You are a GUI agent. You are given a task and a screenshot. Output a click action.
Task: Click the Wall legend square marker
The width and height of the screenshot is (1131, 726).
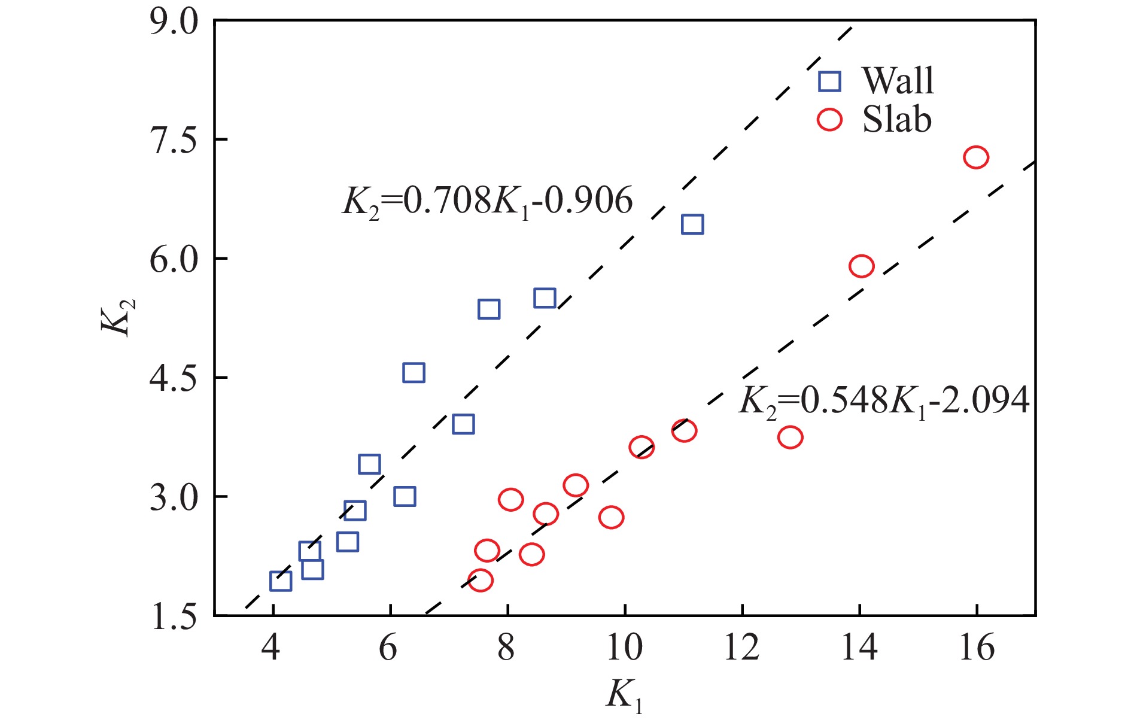click(829, 81)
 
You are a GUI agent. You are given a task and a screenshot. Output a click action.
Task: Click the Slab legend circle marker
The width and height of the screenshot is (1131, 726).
click(829, 120)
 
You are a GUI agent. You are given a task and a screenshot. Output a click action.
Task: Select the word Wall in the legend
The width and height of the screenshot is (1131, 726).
click(898, 80)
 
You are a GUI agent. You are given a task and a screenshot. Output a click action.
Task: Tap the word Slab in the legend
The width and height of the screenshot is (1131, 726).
click(896, 120)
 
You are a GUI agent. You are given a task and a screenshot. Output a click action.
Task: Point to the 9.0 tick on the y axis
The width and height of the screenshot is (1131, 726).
click(174, 23)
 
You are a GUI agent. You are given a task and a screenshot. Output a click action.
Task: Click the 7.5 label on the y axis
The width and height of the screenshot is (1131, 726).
click(174, 141)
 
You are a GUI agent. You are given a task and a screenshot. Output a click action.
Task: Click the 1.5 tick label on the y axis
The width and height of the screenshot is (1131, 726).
click(174, 617)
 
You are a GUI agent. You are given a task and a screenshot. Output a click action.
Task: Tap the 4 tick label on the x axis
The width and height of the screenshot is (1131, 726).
click(271, 648)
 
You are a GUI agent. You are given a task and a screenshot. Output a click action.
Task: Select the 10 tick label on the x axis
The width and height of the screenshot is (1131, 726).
click(624, 648)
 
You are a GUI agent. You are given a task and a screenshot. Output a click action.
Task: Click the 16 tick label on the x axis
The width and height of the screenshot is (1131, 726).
click(976, 648)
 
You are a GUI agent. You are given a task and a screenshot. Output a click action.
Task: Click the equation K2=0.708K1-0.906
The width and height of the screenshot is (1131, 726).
click(487, 201)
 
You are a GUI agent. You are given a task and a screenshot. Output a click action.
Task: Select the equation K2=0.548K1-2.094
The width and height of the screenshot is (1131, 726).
click(884, 400)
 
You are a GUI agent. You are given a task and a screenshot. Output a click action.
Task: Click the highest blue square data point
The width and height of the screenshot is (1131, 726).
click(692, 224)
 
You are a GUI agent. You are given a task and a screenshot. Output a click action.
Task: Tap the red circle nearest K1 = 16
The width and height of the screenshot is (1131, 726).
click(975, 157)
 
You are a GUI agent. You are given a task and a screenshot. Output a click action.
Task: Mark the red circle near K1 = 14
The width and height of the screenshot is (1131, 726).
click(861, 266)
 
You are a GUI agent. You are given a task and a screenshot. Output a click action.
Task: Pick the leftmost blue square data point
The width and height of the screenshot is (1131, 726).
click(281, 581)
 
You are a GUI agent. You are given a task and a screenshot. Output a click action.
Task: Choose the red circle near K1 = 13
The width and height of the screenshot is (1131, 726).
click(790, 437)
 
